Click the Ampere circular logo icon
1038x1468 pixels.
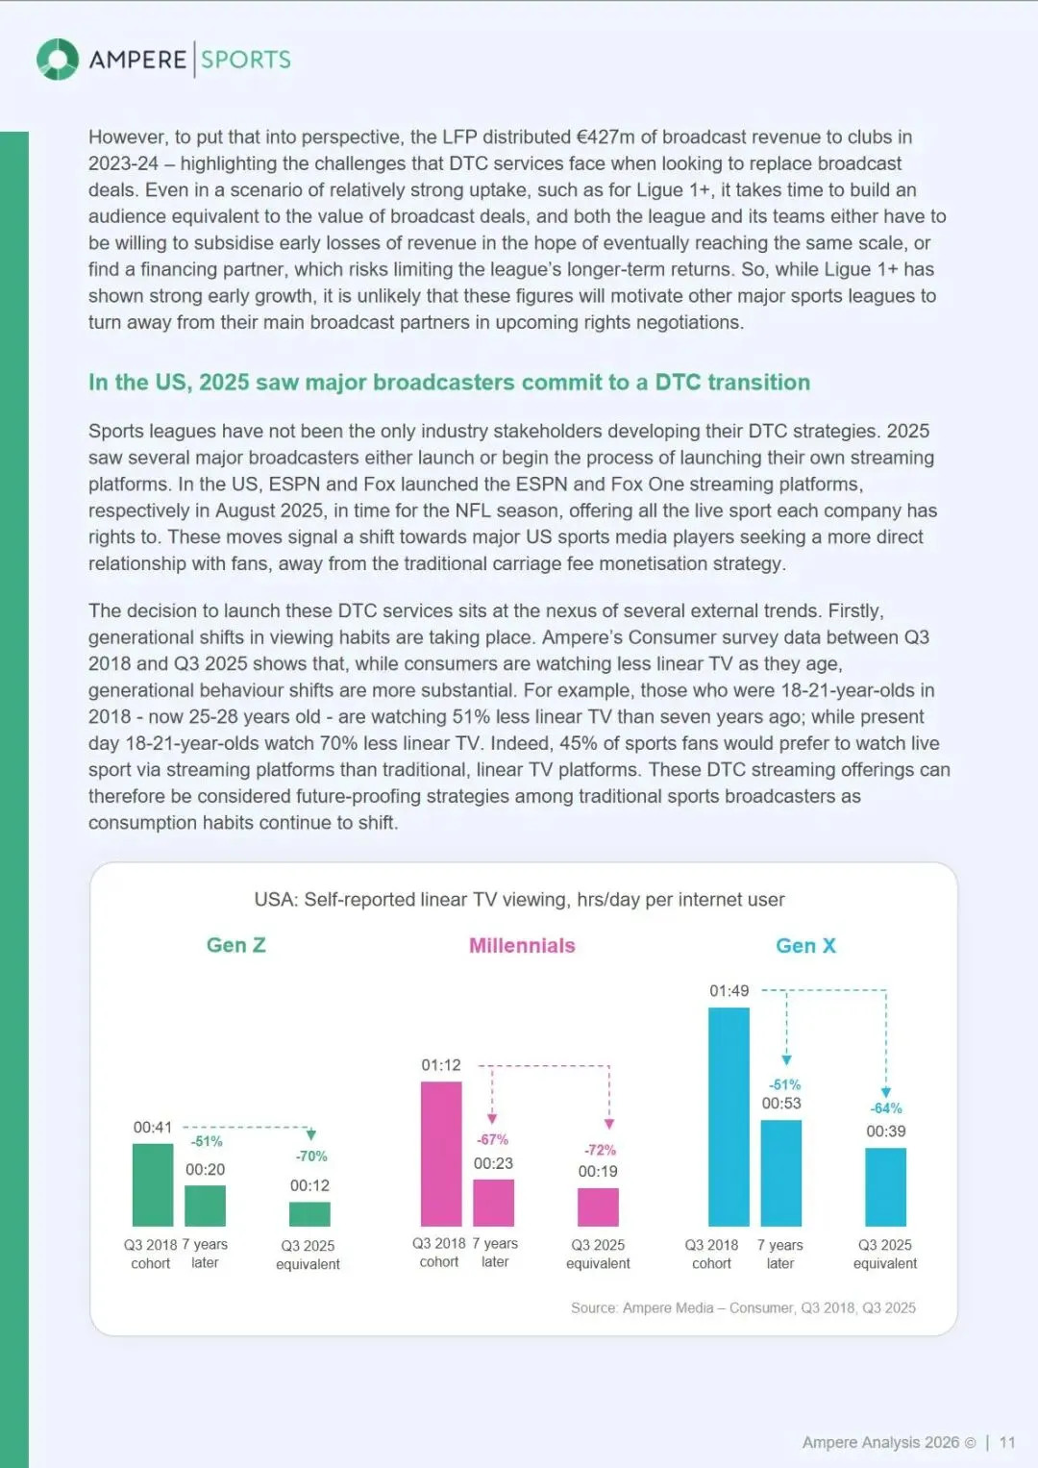click(x=58, y=60)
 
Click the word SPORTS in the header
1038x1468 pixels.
click(x=246, y=60)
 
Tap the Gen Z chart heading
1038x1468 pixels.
click(x=235, y=945)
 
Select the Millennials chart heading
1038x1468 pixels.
click(x=522, y=945)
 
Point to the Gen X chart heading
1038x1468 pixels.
click(x=805, y=945)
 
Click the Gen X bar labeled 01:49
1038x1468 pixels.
click(x=729, y=1116)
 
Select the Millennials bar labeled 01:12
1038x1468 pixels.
click(x=441, y=1154)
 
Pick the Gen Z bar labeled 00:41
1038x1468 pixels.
click(x=153, y=1184)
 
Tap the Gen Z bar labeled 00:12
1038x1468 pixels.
click(x=309, y=1213)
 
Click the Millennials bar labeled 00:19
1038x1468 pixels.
click(x=598, y=1207)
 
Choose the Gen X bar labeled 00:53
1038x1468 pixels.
click(x=780, y=1173)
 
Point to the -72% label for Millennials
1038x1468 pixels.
click(x=600, y=1150)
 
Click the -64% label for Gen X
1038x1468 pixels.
click(x=886, y=1108)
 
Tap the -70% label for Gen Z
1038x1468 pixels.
click(x=311, y=1156)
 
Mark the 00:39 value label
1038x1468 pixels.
click(x=885, y=1132)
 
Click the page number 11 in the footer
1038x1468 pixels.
click(x=1007, y=1442)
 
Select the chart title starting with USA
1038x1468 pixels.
click(x=519, y=900)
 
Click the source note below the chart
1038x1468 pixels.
click(x=743, y=1307)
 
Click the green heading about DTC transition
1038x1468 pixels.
click(x=449, y=383)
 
